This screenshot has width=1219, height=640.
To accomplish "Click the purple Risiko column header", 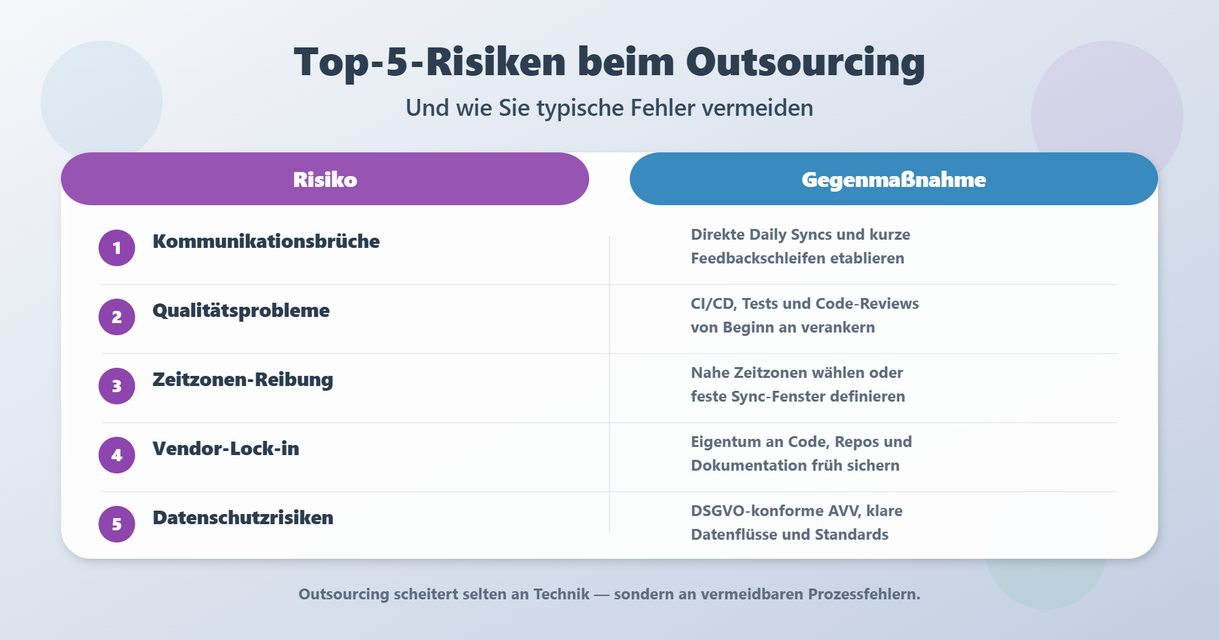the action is [x=325, y=179].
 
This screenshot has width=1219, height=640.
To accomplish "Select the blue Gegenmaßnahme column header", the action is [x=894, y=179].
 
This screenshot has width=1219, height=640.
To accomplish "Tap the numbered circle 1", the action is [x=116, y=248].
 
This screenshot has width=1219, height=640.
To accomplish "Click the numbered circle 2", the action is [x=116, y=317].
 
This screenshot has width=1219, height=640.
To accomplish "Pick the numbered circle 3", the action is [x=116, y=386].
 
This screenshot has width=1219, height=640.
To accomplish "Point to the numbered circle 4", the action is [x=116, y=455].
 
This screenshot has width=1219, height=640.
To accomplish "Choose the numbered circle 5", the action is [x=116, y=524].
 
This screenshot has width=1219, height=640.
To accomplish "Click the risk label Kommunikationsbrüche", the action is [x=266, y=241].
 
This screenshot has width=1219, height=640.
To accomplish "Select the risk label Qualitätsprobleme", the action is [x=241, y=311].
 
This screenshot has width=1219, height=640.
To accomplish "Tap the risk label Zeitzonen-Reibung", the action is [x=242, y=380].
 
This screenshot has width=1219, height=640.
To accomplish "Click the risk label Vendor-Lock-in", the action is [x=226, y=448].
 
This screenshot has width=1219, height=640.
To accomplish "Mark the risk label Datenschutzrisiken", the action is [x=243, y=517].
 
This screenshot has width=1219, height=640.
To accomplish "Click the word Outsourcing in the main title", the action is [x=805, y=63].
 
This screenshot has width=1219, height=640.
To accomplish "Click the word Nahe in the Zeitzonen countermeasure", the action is [x=710, y=372].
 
